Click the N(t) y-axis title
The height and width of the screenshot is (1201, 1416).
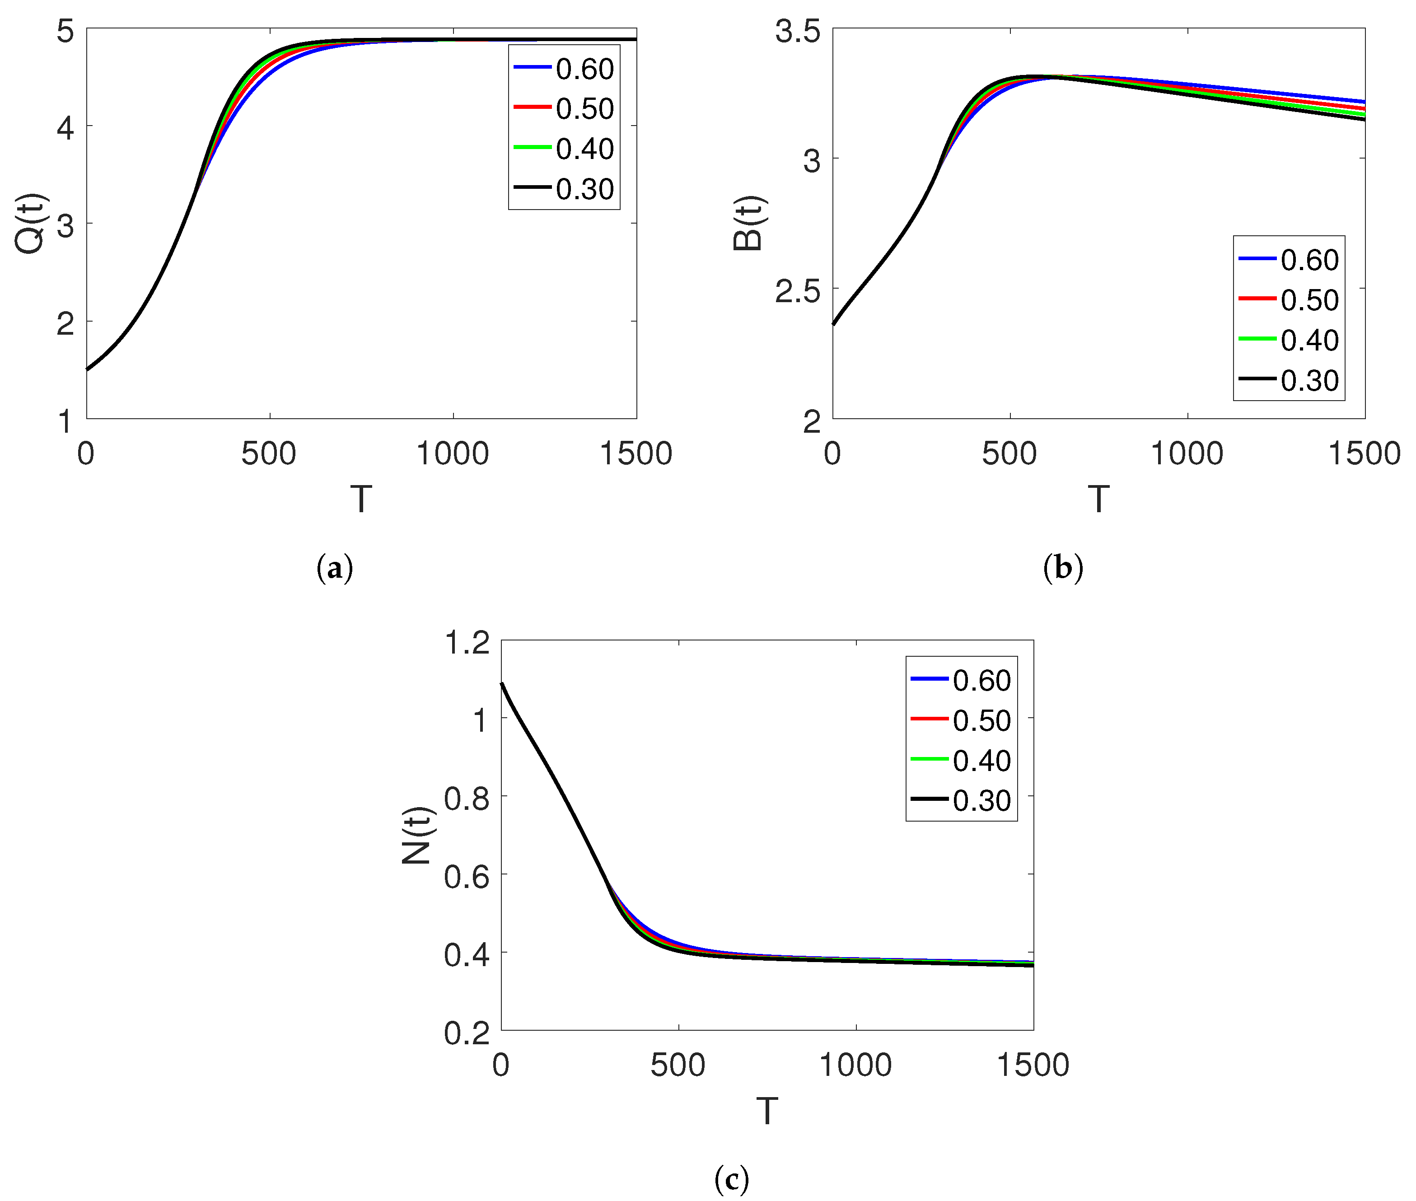[416, 836]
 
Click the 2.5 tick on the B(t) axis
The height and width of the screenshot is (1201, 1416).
[797, 291]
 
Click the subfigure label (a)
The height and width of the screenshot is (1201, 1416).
[335, 568]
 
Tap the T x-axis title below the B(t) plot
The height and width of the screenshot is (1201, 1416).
[1098, 499]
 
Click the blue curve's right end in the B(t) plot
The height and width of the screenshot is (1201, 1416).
[1363, 102]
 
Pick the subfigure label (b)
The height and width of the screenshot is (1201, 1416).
[1063, 568]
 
